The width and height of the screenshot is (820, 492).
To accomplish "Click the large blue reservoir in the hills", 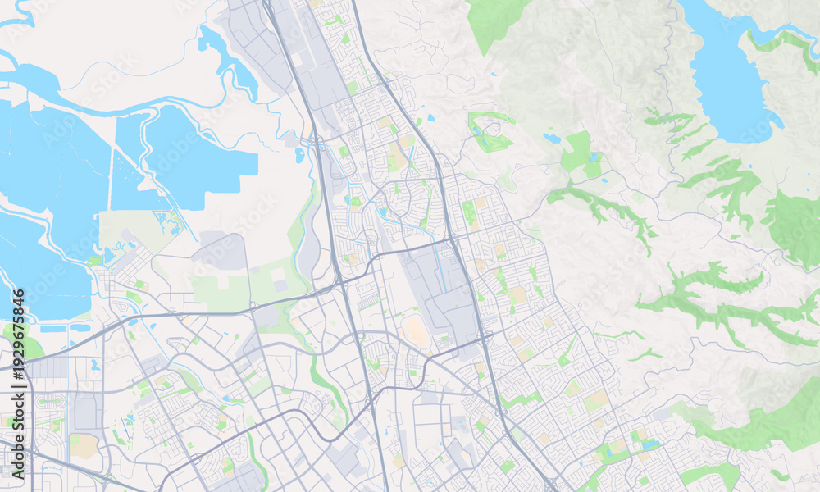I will coord(726,78).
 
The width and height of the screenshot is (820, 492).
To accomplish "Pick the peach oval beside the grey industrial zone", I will coord(416,332).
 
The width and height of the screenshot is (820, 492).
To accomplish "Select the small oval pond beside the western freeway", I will coord(300,154).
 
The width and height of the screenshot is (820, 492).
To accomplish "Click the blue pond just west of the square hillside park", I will coord(551,139).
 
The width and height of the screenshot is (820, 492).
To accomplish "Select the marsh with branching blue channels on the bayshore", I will coord(168,221).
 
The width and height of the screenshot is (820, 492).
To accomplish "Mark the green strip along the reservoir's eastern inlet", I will coord(783,41).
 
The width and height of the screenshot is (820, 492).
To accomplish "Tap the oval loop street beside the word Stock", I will coord(51,403).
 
